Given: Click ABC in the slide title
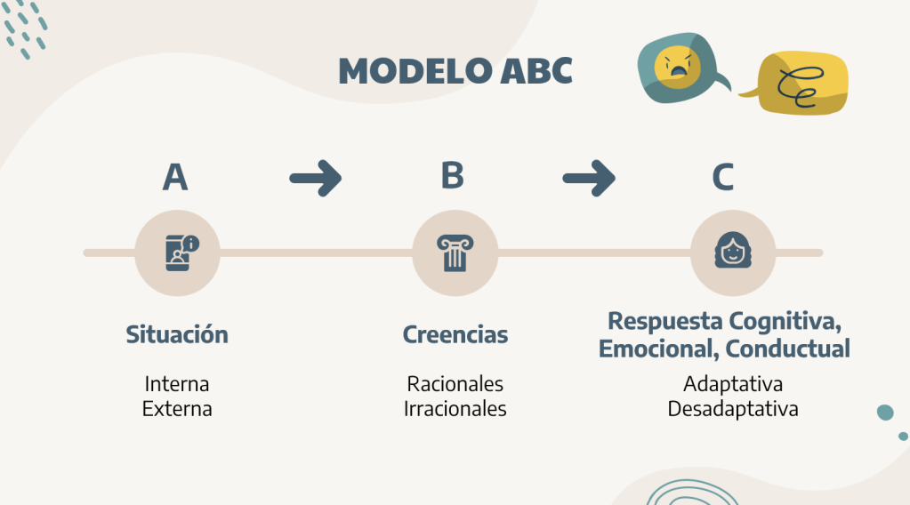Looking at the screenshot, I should pyautogui.click(x=533, y=72).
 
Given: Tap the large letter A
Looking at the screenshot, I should pyautogui.click(x=175, y=177).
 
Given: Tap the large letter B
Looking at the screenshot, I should pyautogui.click(x=453, y=175).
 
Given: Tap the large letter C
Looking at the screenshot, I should pyautogui.click(x=722, y=177).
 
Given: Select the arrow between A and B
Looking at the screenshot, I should pyautogui.click(x=316, y=178).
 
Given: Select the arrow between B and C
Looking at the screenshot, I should pyautogui.click(x=589, y=178).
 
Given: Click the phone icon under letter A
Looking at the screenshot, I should pyautogui.click(x=181, y=252).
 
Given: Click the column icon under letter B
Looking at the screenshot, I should pyautogui.click(x=454, y=253).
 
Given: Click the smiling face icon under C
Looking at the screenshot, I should pyautogui.click(x=732, y=252).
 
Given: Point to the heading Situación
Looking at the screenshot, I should pyautogui.click(x=177, y=335).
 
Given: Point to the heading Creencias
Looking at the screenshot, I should pyautogui.click(x=455, y=335).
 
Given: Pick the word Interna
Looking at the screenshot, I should pyautogui.click(x=177, y=384).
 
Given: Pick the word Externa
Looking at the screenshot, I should pyautogui.click(x=177, y=409).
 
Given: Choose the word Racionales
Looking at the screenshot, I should pyautogui.click(x=455, y=384).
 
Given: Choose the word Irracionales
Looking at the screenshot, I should pyautogui.click(x=455, y=409).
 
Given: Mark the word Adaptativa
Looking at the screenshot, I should pyautogui.click(x=733, y=384).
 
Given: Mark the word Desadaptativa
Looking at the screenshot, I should pyautogui.click(x=733, y=409).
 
